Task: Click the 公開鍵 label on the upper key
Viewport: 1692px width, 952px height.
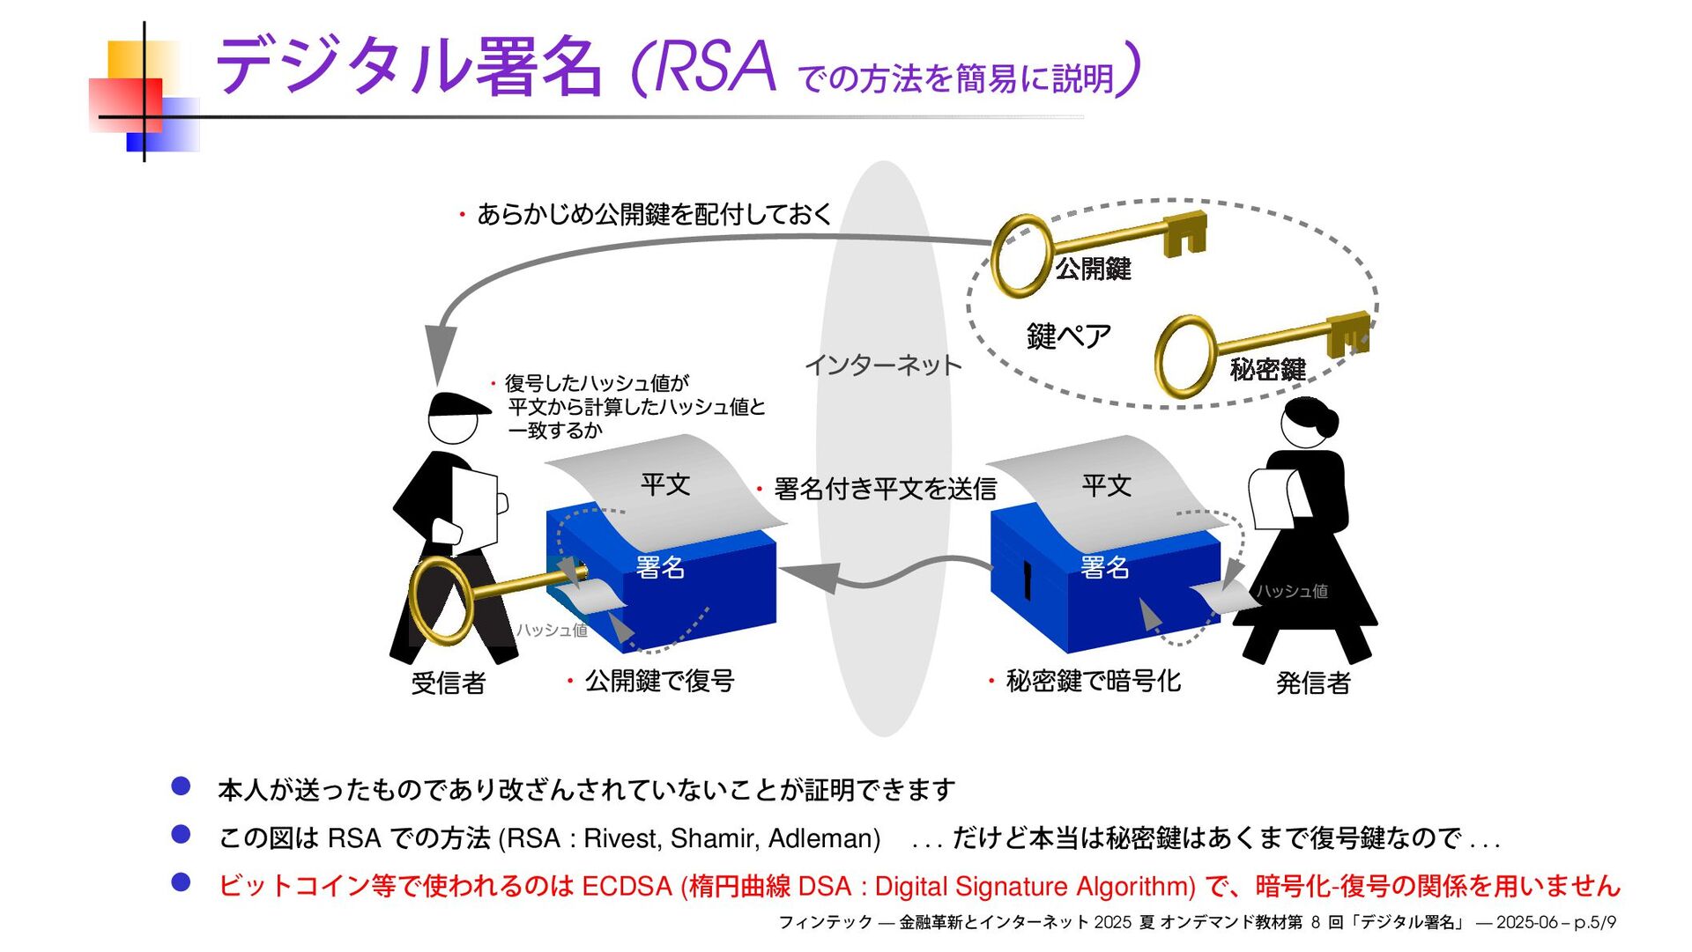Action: [1093, 268]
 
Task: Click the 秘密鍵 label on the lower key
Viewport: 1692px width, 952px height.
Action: [1267, 369]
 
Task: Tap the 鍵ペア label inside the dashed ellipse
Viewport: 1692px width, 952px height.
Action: [1068, 336]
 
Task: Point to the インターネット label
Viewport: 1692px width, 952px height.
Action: [882, 365]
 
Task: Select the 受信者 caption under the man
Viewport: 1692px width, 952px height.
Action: [449, 683]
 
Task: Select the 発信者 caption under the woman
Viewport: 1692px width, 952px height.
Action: [1313, 683]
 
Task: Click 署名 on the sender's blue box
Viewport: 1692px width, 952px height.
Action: [1104, 567]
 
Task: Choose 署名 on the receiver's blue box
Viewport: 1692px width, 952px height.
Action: [660, 567]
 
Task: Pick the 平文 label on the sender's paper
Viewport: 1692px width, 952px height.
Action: [1106, 485]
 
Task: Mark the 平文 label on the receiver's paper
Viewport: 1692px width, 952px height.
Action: [665, 484]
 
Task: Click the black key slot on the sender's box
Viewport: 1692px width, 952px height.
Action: [1027, 581]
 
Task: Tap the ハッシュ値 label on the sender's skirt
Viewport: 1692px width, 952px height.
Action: [1292, 591]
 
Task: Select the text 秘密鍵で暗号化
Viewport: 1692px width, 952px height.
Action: [1093, 681]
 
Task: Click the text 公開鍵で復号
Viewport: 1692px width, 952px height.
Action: [659, 681]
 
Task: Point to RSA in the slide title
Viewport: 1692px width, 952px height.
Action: [715, 67]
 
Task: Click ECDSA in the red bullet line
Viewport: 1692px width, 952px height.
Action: [627, 886]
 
